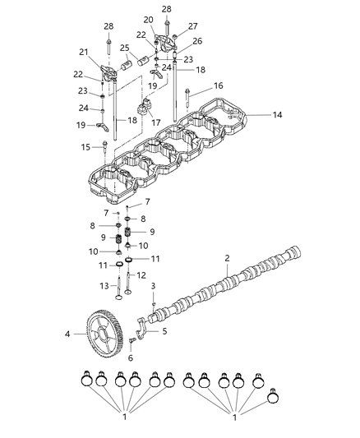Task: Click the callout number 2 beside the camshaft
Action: click(x=227, y=258)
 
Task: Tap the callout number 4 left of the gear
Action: click(x=68, y=334)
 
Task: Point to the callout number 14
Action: click(x=277, y=115)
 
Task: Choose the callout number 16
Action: click(x=218, y=85)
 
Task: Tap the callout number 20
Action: click(x=148, y=19)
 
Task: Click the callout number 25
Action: click(x=126, y=48)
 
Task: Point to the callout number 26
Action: click(x=196, y=40)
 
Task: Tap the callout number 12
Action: click(x=141, y=275)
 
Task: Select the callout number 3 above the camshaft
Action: click(x=153, y=284)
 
